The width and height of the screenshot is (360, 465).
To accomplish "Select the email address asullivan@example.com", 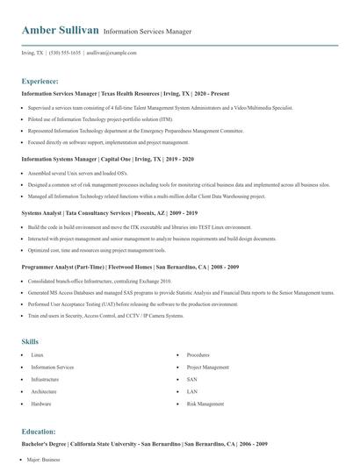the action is (112, 53).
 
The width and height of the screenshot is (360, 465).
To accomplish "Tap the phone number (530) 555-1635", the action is (65, 53).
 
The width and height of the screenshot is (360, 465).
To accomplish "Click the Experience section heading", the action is (40, 80).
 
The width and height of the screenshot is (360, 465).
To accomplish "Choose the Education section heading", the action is (39, 433).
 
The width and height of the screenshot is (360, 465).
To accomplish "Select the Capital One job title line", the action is (107, 160).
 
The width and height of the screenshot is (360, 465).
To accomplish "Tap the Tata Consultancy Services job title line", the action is (109, 212).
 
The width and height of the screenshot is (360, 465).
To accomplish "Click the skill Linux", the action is (38, 354).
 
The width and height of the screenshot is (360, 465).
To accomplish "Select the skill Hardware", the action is (41, 404).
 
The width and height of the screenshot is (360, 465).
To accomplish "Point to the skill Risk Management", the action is (205, 404).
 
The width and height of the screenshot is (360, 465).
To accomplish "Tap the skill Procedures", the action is (198, 354).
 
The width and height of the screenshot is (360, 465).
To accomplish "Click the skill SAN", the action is (191, 379).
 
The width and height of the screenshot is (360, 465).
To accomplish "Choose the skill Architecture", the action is (44, 391).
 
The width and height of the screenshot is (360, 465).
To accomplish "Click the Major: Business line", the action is (44, 459).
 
